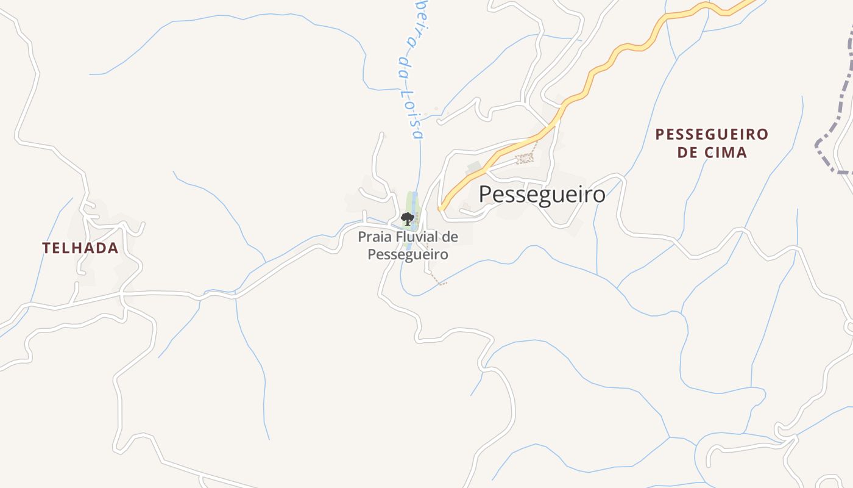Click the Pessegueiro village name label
pos(542,195)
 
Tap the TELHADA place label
pos(80,248)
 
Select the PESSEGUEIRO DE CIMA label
pos(712,143)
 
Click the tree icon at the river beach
pos(407,218)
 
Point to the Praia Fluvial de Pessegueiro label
pos(408,245)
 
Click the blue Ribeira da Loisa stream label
pos(410,67)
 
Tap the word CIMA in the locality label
pos(725,152)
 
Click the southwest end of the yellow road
pos(441,208)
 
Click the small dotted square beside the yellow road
pos(524,159)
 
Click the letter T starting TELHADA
pos(46,248)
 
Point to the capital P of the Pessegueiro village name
pos(485,195)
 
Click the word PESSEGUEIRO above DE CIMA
pos(712,134)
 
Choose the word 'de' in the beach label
pos(450,237)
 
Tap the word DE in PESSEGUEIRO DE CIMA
pos(687,152)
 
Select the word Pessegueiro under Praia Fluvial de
pos(408,254)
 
